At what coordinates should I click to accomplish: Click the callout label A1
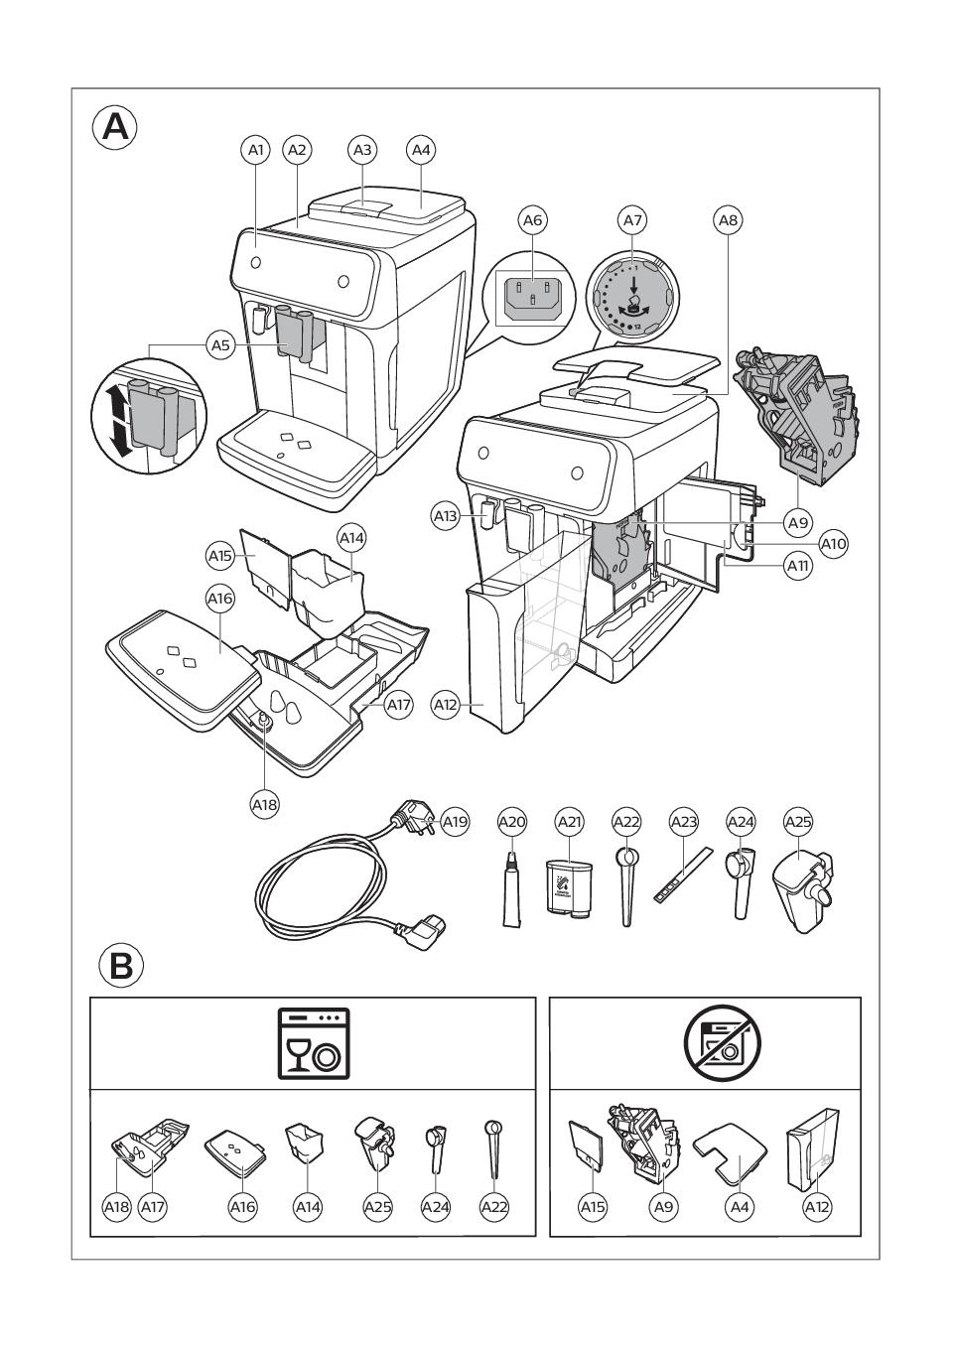(256, 150)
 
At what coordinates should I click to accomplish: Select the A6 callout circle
(533, 219)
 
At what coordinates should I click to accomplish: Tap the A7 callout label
(632, 219)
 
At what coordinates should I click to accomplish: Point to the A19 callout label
(455, 822)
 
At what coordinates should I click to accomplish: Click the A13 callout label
(446, 516)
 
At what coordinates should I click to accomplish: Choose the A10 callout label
(834, 544)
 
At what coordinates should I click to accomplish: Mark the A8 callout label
(728, 219)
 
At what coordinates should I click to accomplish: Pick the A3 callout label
(362, 150)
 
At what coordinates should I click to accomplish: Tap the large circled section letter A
(115, 128)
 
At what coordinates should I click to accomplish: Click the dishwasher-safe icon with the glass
(313, 1043)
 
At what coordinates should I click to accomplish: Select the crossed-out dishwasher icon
(718, 1043)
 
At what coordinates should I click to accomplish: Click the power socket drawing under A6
(533, 296)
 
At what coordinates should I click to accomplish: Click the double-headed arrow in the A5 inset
(112, 422)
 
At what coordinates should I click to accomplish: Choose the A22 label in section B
(493, 1206)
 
